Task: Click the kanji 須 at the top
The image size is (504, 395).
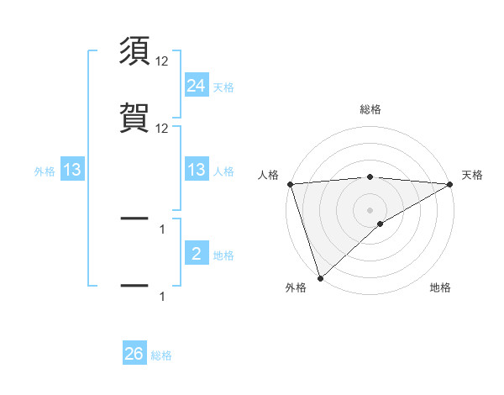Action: [x=134, y=52]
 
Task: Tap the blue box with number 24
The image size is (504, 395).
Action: [x=197, y=85]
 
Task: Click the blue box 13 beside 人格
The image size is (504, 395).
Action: [x=197, y=170]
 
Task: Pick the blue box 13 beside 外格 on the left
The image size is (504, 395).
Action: [x=72, y=170]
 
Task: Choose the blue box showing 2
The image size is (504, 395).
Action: [x=197, y=254]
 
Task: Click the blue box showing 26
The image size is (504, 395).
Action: [x=134, y=354]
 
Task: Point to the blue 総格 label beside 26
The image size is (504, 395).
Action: [x=161, y=355]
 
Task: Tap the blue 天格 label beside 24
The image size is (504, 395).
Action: [x=223, y=87]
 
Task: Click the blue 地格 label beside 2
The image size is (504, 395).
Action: [x=223, y=255]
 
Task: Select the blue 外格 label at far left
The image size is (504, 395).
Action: [x=45, y=171]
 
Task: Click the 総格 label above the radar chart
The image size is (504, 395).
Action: [x=370, y=109]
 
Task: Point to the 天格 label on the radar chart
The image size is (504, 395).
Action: [x=472, y=175]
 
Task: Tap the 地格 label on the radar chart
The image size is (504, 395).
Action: [x=440, y=288]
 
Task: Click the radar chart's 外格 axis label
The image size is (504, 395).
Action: [x=296, y=288]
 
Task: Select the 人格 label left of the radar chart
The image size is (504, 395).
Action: [x=269, y=175]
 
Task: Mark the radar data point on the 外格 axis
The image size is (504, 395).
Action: [x=320, y=277]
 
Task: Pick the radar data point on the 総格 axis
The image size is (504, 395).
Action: [x=370, y=176]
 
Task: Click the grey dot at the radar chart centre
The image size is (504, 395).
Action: [x=370, y=209]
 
